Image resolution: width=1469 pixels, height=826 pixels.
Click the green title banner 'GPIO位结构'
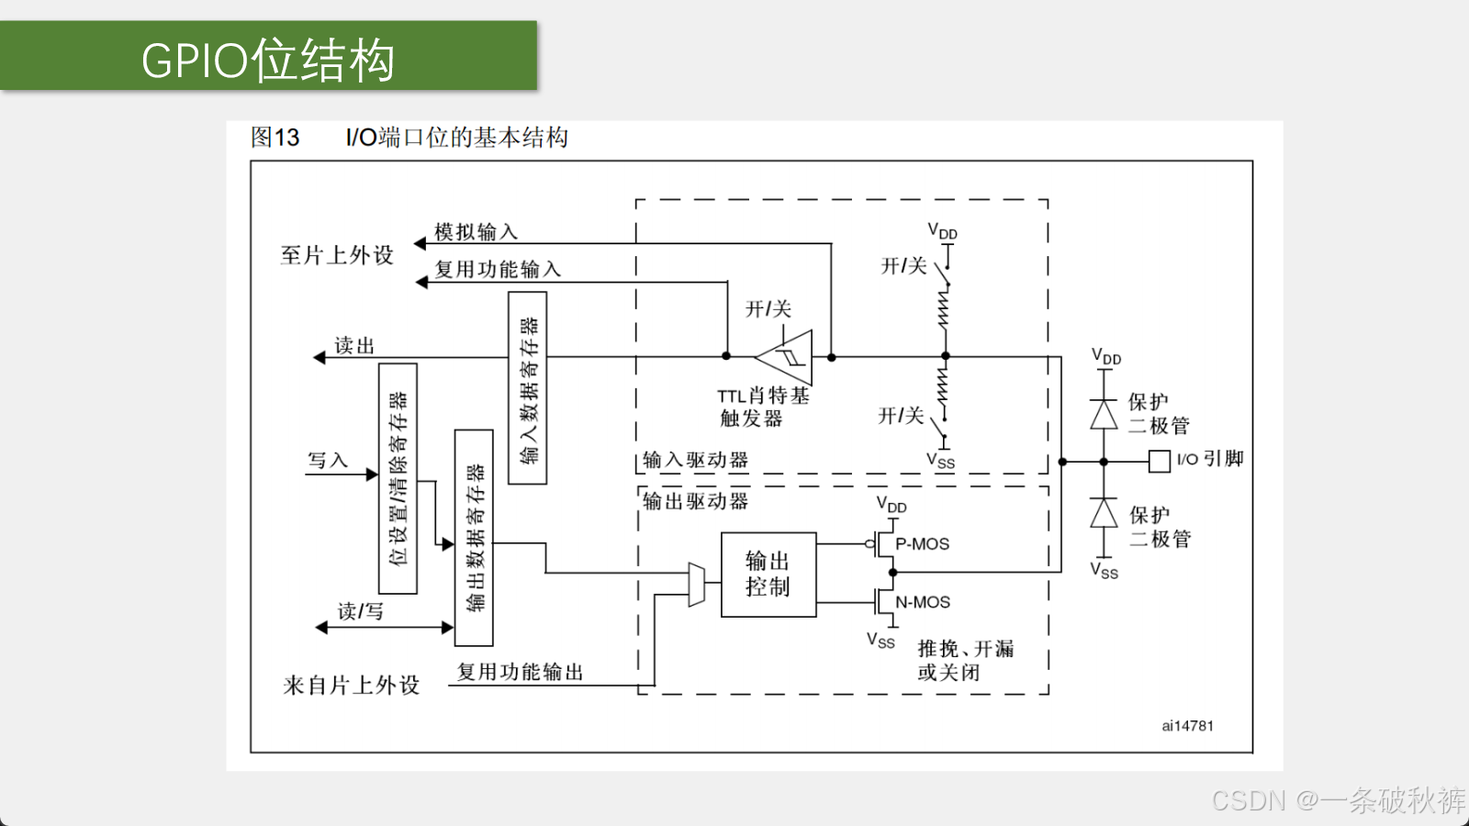[x=268, y=56]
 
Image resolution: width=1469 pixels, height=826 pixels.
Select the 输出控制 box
[x=768, y=575]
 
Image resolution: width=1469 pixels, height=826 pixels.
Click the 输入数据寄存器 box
[x=528, y=388]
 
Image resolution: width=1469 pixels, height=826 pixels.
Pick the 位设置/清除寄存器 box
[x=398, y=478]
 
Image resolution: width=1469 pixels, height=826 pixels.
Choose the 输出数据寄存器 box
[x=474, y=538]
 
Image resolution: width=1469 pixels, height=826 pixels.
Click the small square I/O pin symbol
[x=1160, y=462]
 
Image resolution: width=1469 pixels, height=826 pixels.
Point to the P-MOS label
[x=922, y=544]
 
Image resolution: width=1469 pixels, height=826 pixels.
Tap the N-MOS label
[x=923, y=602]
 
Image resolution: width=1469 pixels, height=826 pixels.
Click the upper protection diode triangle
[x=1105, y=414]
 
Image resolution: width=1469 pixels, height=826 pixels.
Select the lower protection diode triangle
[x=1105, y=513]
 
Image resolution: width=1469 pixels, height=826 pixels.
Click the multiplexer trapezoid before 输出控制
[x=697, y=584]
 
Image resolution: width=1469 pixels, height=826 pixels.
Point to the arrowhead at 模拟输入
[x=421, y=244]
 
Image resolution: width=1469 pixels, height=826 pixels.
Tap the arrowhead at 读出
[x=320, y=357]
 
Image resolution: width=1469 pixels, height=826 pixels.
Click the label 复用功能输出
[x=520, y=672]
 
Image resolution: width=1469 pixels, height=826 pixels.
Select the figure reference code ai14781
[x=1188, y=726]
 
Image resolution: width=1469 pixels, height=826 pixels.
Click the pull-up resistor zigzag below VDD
[x=944, y=309]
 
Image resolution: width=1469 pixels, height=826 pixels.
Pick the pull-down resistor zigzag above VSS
[x=943, y=385]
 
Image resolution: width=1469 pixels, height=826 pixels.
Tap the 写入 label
[x=328, y=460]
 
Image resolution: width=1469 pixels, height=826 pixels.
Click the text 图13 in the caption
[x=275, y=138]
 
